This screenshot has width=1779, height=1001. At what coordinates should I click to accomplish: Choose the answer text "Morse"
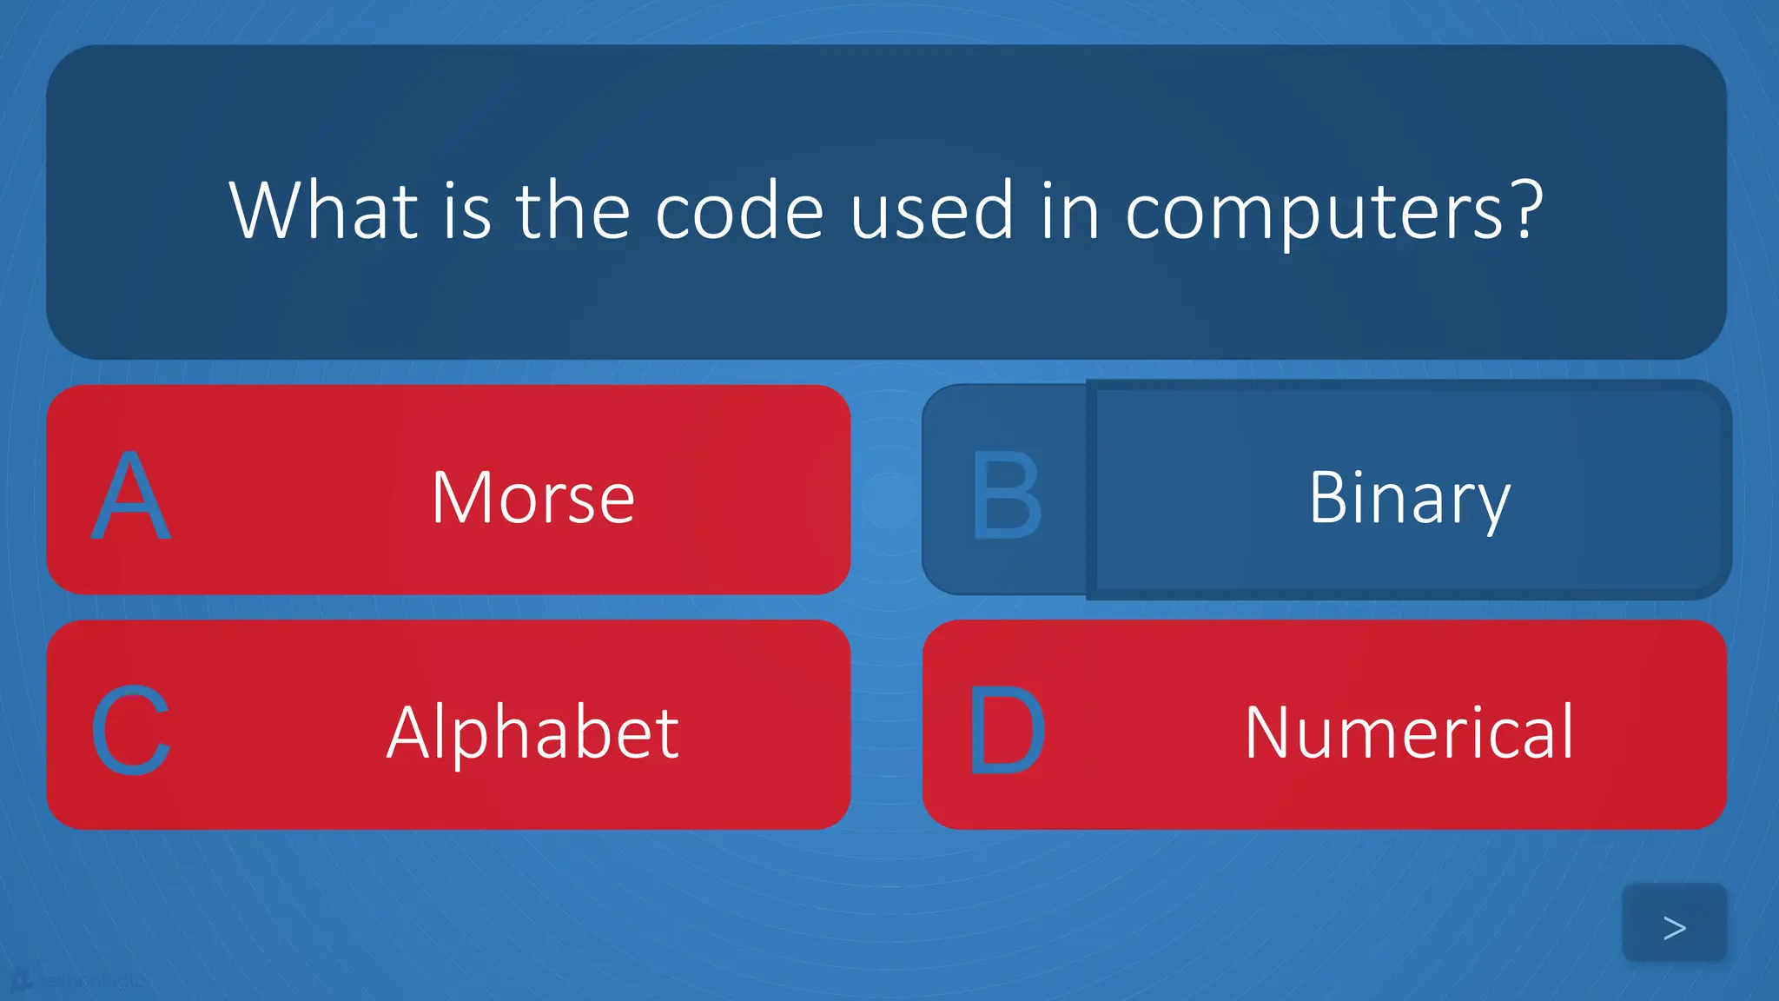click(x=532, y=498)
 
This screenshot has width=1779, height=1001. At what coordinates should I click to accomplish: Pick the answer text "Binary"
click(x=1409, y=498)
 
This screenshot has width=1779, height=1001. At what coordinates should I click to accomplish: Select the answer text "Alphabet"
click(x=532, y=733)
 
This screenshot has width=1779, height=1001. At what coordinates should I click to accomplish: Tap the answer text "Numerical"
click(x=1409, y=733)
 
